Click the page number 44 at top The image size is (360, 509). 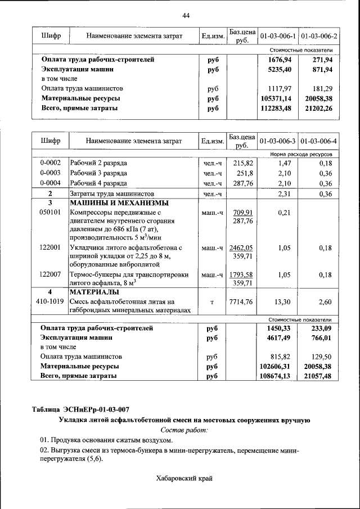coord(186,15)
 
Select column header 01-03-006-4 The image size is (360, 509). coord(319,140)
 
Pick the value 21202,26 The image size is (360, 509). coord(319,109)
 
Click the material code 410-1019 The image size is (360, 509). coord(50,301)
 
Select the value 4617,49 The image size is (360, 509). coord(280,338)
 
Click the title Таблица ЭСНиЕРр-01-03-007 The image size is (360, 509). coord(84,409)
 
